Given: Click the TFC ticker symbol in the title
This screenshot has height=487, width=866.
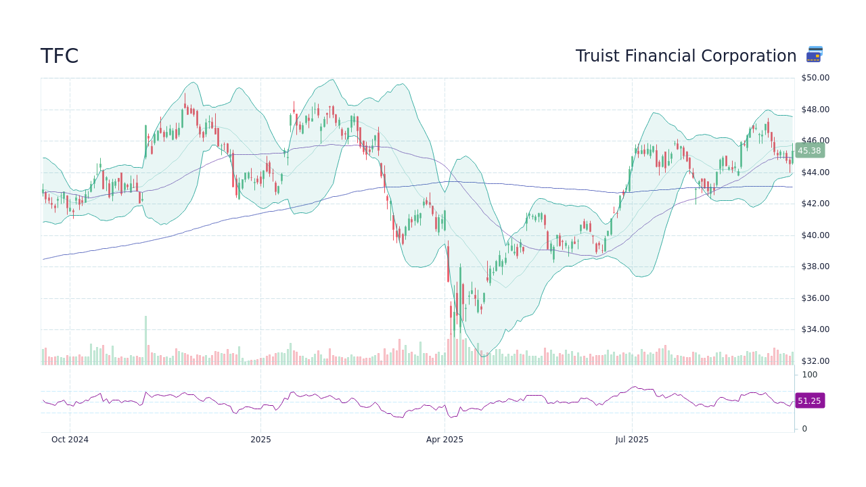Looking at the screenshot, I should click(60, 56).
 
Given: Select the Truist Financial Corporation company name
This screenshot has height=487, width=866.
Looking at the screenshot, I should click(685, 56).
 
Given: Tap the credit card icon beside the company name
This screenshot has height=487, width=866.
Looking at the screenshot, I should click(815, 55).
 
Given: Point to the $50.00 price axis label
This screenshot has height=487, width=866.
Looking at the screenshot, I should click(815, 78).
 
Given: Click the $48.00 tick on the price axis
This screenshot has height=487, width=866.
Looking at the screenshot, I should click(815, 110).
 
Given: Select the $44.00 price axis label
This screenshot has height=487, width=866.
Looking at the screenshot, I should click(815, 172).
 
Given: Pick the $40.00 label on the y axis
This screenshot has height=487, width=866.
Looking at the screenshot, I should click(815, 235).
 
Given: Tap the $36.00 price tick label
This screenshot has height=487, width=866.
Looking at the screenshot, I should click(815, 298).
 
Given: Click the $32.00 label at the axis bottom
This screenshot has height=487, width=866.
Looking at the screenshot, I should click(815, 361).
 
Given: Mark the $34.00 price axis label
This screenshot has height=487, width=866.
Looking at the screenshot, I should click(815, 329).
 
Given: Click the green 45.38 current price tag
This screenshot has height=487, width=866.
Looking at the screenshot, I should click(809, 151).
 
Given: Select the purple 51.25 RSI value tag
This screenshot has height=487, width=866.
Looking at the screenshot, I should click(809, 401).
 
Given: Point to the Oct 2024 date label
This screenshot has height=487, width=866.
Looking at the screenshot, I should click(70, 440).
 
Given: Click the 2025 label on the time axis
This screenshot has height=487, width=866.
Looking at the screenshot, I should click(260, 440).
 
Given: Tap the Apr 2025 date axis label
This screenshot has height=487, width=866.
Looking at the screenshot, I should click(445, 440).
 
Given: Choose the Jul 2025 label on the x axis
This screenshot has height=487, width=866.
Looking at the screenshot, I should click(632, 440).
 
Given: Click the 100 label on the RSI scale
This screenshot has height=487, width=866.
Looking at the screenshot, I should click(809, 375).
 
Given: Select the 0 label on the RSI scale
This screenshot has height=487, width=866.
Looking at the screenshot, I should click(804, 429).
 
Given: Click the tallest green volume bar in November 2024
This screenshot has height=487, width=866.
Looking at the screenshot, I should click(145, 340).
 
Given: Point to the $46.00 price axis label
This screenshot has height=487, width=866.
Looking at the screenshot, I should click(815, 141).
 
